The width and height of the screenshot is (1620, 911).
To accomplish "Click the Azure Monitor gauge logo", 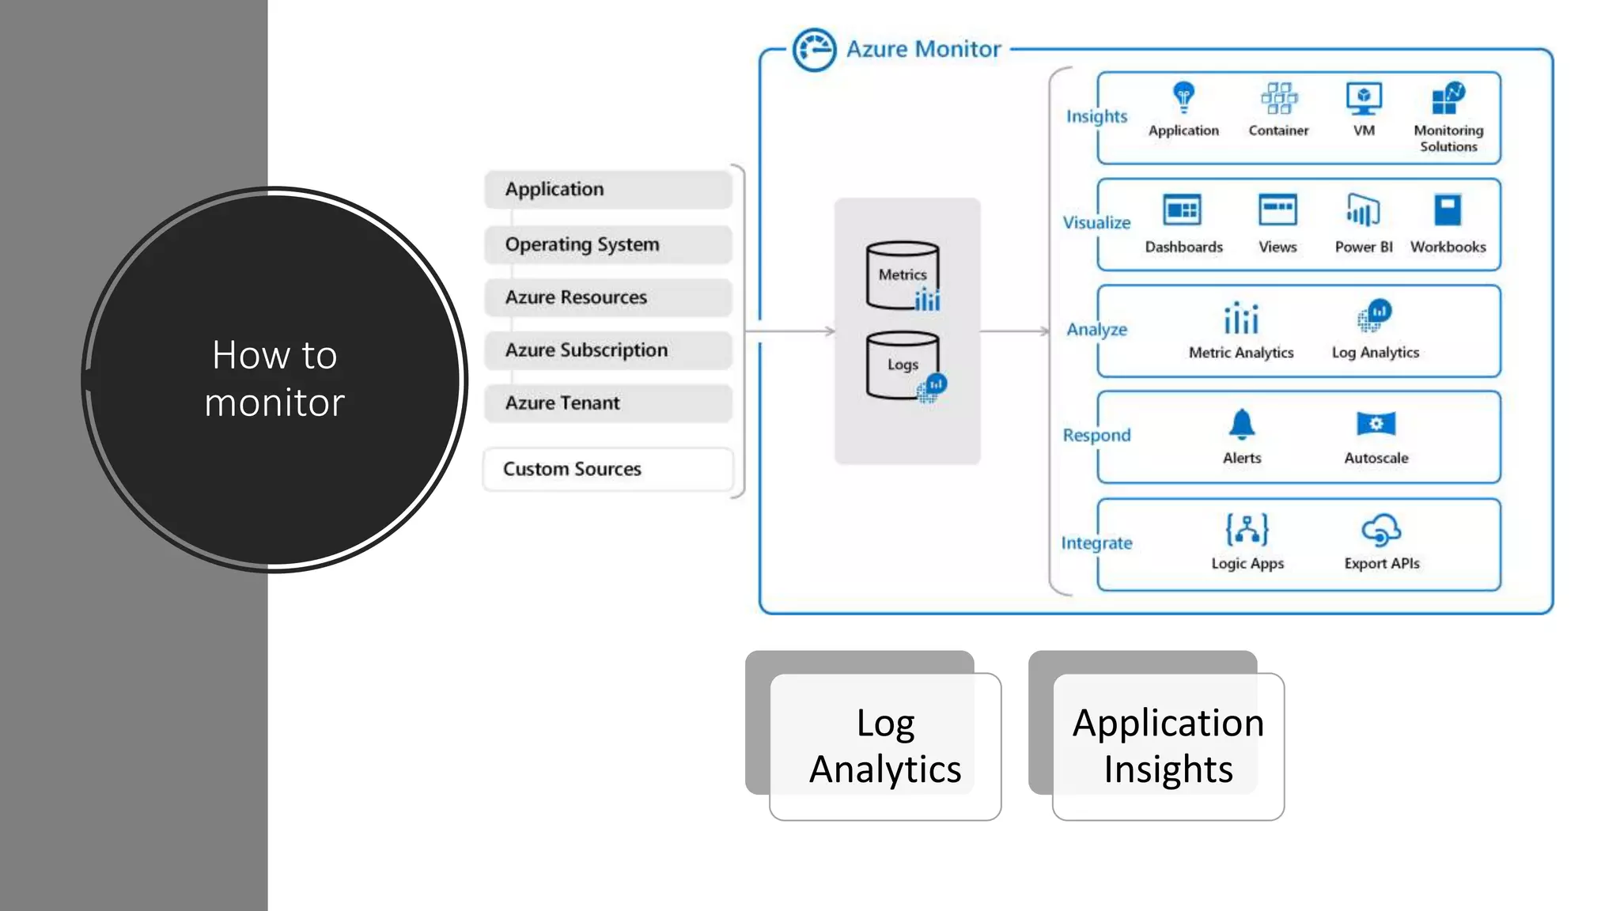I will [x=814, y=50].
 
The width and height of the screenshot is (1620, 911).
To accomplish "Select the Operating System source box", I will [x=607, y=244].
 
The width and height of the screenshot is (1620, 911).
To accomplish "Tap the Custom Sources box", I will [x=607, y=469].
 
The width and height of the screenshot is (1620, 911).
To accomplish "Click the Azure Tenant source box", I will [x=607, y=403].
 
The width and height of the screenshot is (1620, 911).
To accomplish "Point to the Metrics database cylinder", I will [x=903, y=274].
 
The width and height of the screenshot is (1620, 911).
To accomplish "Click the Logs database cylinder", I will [x=903, y=365].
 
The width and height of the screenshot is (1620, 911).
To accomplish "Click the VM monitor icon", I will [x=1364, y=99].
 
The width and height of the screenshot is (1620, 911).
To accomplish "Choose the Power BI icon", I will [x=1363, y=210].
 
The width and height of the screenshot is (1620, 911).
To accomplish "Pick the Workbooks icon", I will [x=1448, y=210].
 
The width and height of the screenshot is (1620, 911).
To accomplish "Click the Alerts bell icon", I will [x=1241, y=424].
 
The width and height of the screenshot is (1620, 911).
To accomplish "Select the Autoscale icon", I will [x=1376, y=424].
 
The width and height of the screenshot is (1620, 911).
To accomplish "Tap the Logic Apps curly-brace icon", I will [x=1247, y=529].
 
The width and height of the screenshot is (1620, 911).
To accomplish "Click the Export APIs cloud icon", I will [x=1380, y=530].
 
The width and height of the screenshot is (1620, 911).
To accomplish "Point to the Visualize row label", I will [x=1096, y=223].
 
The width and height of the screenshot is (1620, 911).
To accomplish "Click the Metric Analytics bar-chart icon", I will [x=1240, y=319].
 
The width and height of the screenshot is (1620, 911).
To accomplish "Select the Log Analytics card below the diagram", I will [x=884, y=746].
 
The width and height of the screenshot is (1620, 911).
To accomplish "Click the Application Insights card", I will [x=1168, y=746].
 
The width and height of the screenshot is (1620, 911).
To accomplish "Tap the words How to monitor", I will [x=274, y=378].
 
